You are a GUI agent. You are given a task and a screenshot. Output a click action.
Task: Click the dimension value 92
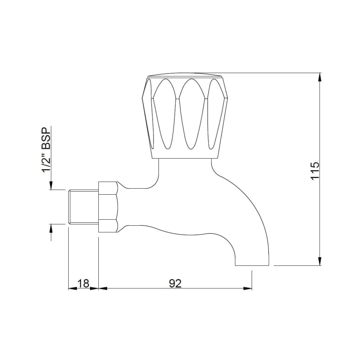[175, 283]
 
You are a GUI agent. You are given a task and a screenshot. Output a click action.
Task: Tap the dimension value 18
[83, 283]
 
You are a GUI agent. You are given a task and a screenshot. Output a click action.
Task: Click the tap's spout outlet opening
[252, 265]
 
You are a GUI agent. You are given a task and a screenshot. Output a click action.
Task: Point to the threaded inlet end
[83, 207]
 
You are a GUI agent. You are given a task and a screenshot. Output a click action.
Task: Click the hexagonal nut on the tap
[108, 207]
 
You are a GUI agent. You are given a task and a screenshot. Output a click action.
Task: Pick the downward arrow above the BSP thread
[51, 186]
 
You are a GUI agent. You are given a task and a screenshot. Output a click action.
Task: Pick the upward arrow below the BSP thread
[51, 228]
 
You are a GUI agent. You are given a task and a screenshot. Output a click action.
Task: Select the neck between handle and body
[185, 167]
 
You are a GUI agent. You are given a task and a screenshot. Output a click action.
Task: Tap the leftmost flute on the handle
[150, 113]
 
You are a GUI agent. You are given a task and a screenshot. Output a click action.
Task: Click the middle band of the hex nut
[108, 207]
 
